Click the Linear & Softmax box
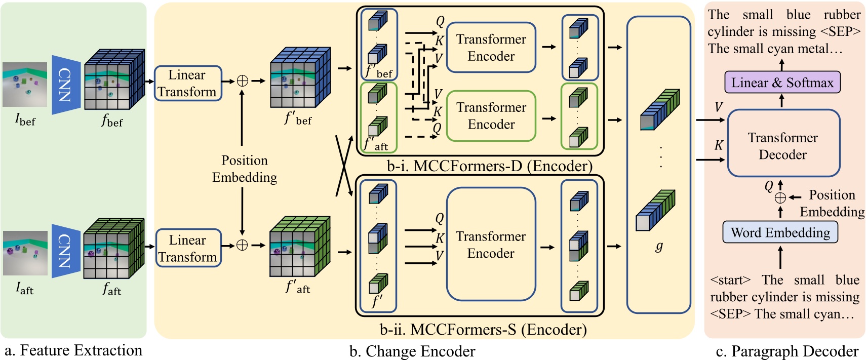(x=782, y=83)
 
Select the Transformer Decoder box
(x=783, y=146)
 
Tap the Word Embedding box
(x=780, y=233)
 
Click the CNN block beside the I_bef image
(x=66, y=85)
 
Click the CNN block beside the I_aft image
(x=66, y=251)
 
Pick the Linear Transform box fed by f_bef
(x=187, y=84)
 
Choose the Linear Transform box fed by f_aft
(x=187, y=249)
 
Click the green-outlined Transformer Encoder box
(x=491, y=116)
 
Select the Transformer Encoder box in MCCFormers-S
(x=490, y=245)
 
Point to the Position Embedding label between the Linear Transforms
(x=244, y=169)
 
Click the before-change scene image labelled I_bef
(x=24, y=85)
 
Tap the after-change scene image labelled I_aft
(x=25, y=253)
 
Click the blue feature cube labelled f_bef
(x=114, y=79)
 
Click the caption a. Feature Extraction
(x=73, y=350)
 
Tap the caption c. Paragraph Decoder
(x=787, y=351)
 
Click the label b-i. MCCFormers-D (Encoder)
(x=489, y=166)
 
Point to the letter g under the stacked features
(x=658, y=247)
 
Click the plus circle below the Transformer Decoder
(x=780, y=198)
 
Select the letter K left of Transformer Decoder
(x=718, y=146)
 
